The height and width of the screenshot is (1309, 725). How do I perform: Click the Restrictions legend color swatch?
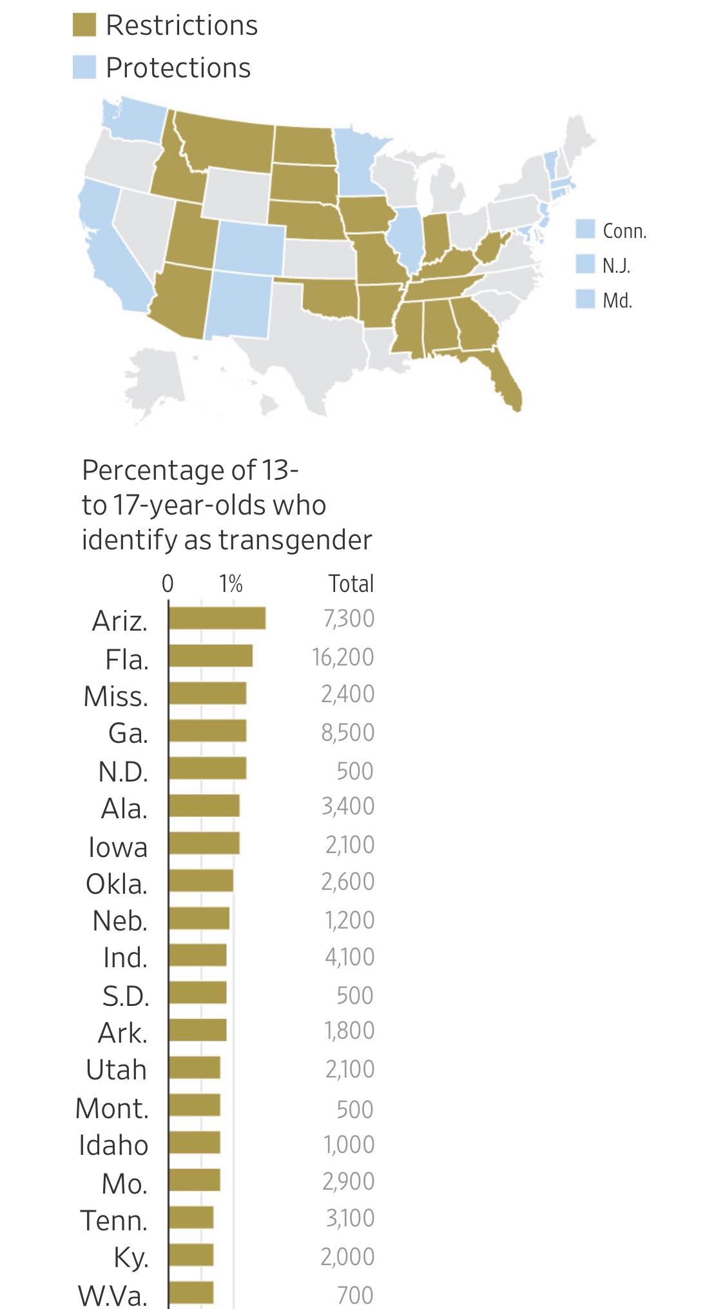coord(84,25)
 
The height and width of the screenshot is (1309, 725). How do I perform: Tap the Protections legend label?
coord(178,68)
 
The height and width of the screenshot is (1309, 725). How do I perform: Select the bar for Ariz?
coord(217,618)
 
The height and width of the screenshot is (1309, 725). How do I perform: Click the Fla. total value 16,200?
coord(343,657)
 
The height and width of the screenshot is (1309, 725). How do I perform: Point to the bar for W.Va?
coord(191,1293)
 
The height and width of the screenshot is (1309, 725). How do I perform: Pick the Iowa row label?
coord(118,847)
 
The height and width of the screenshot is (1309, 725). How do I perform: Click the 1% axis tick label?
coord(231,584)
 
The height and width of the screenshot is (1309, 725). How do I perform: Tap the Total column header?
coord(351,584)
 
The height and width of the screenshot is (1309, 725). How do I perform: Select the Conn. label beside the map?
coord(624,231)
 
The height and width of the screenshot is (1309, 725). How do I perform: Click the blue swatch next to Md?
coord(585,299)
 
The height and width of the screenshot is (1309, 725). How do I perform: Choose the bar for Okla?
coord(201,881)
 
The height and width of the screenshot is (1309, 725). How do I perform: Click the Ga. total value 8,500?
coord(348,733)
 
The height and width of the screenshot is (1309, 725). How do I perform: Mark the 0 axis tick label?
coord(168,584)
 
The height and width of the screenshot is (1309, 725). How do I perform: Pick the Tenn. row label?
coord(114,1220)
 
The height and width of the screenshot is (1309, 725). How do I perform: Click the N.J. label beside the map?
coord(616,266)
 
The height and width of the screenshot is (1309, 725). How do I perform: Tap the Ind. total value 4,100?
coord(349,957)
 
